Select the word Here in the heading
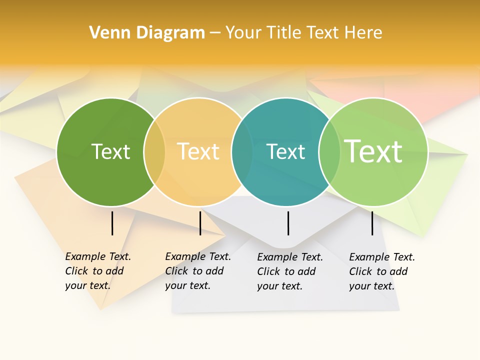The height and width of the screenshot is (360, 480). pyautogui.click(x=364, y=33)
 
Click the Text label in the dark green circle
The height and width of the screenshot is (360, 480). pyautogui.click(x=110, y=151)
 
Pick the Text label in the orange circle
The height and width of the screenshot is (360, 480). pyautogui.click(x=198, y=151)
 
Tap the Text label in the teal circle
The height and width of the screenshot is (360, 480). pyautogui.click(x=286, y=151)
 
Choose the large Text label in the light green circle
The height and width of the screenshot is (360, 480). pyautogui.click(x=373, y=151)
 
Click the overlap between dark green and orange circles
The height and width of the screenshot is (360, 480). pyautogui.click(x=154, y=152)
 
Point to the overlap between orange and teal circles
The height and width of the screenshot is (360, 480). pyautogui.click(x=242, y=152)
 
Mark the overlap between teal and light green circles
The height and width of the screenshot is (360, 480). pyautogui.click(x=329, y=152)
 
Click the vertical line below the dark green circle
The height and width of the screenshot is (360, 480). pyautogui.click(x=112, y=223)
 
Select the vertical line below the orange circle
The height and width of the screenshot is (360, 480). pyautogui.click(x=200, y=223)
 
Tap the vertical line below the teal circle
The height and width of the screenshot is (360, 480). pyautogui.click(x=288, y=223)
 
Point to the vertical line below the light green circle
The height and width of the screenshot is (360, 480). pyautogui.click(x=372, y=223)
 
